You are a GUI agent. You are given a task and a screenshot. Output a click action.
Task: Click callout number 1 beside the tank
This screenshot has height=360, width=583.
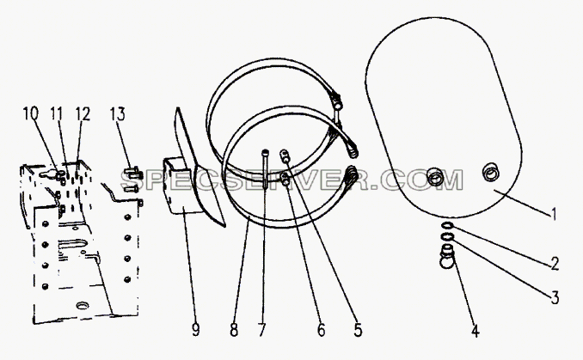pyautogui.click(x=554, y=214)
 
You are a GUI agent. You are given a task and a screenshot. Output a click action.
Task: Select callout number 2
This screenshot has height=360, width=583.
pyautogui.click(x=554, y=264)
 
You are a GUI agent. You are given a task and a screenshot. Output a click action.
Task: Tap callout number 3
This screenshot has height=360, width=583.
pyautogui.click(x=555, y=297)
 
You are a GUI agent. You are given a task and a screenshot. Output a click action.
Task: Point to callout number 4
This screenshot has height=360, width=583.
pyautogui.click(x=475, y=330)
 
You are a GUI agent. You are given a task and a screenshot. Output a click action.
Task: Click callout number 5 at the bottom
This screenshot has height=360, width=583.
pyautogui.click(x=358, y=330)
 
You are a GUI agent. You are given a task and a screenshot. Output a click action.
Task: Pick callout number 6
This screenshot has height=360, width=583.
pyautogui.click(x=322, y=330)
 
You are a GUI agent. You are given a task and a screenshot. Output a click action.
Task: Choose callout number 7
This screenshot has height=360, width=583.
pyautogui.click(x=261, y=330)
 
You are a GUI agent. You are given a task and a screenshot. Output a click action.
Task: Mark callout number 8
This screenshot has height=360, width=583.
pyautogui.click(x=234, y=330)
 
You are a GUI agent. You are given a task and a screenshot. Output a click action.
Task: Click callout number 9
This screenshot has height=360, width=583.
pyautogui.click(x=195, y=330)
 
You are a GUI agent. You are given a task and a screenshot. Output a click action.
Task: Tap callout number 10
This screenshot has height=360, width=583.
pyautogui.click(x=30, y=113)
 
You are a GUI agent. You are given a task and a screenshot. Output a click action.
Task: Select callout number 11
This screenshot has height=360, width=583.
pyautogui.click(x=56, y=113)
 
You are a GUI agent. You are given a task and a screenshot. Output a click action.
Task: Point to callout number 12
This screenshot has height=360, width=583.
pyautogui.click(x=83, y=113)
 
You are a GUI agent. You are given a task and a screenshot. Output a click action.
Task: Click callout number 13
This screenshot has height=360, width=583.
pyautogui.click(x=118, y=113)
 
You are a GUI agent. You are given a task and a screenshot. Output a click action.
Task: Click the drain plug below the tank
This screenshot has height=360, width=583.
pyautogui.click(x=446, y=256)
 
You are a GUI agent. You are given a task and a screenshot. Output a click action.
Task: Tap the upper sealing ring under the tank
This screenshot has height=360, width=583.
pyautogui.click(x=446, y=225)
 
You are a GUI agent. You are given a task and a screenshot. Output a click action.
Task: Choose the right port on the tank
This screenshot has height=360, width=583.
pyautogui.click(x=490, y=172)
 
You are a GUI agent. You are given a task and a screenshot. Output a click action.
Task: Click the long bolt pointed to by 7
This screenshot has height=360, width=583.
pyautogui.click(x=264, y=169)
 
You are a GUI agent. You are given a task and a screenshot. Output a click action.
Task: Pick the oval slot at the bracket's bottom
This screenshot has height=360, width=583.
pyautogui.click(x=83, y=306)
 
